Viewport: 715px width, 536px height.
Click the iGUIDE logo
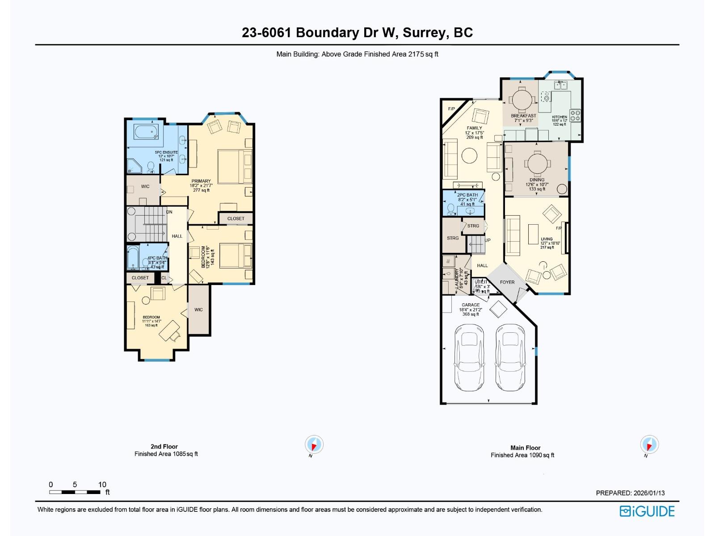pyautogui.click(x=647, y=511)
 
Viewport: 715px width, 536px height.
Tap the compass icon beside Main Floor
pyautogui.click(x=649, y=444)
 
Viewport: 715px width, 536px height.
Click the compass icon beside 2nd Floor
pyautogui.click(x=314, y=444)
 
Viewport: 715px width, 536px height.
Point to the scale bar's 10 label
pyautogui.click(x=102, y=484)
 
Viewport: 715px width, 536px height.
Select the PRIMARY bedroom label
pyautogui.click(x=201, y=181)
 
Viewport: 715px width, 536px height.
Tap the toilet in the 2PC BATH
pyautogui.click(x=451, y=209)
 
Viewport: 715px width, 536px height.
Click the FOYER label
pyautogui.click(x=507, y=282)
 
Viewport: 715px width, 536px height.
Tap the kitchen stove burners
pyautogui.click(x=575, y=116)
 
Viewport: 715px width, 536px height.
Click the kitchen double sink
pyautogui.click(x=560, y=85)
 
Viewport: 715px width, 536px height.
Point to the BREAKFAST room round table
pyautogui.click(x=522, y=100)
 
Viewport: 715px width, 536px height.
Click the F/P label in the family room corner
pyautogui.click(x=451, y=109)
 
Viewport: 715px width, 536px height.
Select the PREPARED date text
pyautogui.click(x=630, y=493)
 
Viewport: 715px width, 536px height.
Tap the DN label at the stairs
pyautogui.click(x=169, y=212)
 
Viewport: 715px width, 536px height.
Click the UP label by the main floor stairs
pyautogui.click(x=488, y=240)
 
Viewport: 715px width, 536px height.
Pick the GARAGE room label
pyautogui.click(x=471, y=305)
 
